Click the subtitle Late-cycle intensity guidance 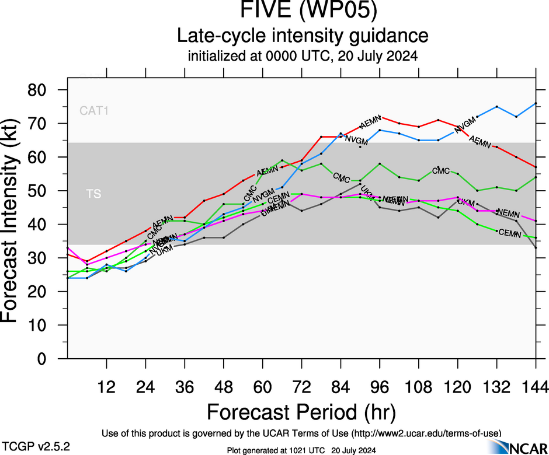tap(302, 36)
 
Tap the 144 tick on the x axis tap(536, 386)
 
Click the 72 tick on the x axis tap(301, 386)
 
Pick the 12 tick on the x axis tap(106, 386)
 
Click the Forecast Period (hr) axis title tap(301, 412)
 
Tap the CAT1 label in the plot tap(94, 110)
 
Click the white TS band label tap(93, 194)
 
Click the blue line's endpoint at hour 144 tap(536, 103)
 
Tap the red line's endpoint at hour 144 tap(536, 167)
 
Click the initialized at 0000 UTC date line tap(302, 57)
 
